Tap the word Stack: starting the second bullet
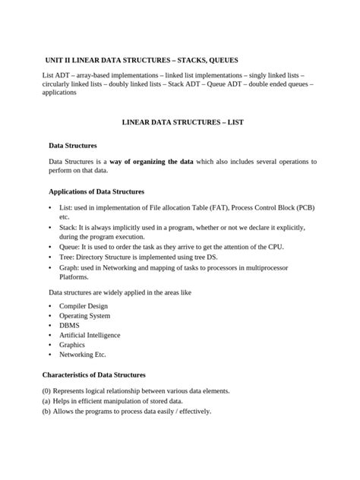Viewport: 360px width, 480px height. [68, 227]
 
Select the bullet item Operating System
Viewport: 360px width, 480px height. [84, 315]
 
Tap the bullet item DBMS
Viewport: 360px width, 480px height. [69, 325]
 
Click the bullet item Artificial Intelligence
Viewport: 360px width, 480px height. [90, 335]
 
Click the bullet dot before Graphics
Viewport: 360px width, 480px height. [50, 345]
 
